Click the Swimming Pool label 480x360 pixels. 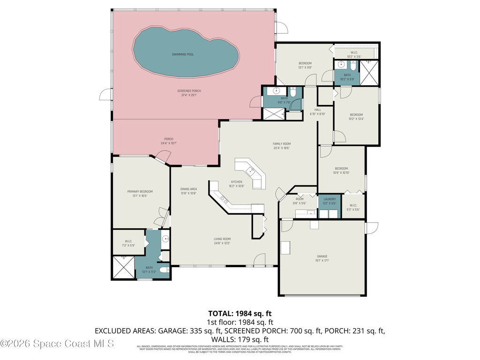[x=183, y=54]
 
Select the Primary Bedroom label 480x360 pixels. [x=140, y=191]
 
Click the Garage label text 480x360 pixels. [x=322, y=256]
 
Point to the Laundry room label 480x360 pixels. [x=330, y=199]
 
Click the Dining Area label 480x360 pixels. [x=188, y=189]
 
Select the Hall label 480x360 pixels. [x=317, y=110]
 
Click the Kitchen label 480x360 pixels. [x=237, y=182]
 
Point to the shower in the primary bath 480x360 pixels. [x=123, y=268]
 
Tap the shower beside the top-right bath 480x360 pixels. [x=369, y=73]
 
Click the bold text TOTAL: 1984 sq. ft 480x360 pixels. [x=240, y=313]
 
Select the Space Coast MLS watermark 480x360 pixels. [x=57, y=344]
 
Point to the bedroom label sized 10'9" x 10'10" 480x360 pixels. [x=341, y=169]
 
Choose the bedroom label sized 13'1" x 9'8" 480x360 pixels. [x=305, y=63]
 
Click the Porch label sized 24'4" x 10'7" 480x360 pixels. [x=169, y=139]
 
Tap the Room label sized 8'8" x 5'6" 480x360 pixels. [x=300, y=199]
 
